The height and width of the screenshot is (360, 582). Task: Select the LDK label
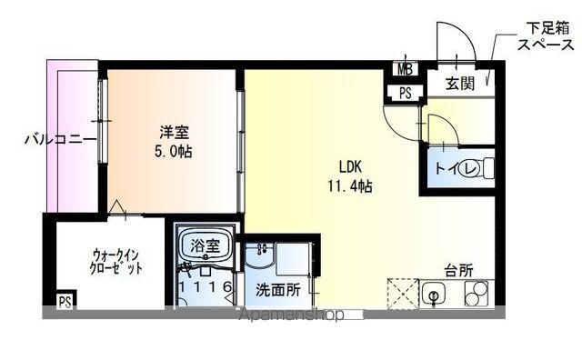pyautogui.click(x=351, y=168)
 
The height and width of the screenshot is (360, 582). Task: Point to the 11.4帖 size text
pyautogui.click(x=351, y=186)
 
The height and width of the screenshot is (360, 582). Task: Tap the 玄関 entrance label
pyautogui.click(x=458, y=84)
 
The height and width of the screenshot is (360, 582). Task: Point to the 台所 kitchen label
pyautogui.click(x=458, y=270)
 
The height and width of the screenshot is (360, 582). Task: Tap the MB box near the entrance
pyautogui.click(x=404, y=67)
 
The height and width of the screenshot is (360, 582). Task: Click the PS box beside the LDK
pyautogui.click(x=404, y=92)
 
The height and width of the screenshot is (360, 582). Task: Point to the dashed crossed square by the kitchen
pyautogui.click(x=401, y=294)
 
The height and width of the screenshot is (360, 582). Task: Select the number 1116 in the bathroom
pyautogui.click(x=206, y=288)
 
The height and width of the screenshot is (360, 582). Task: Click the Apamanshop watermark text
pyautogui.click(x=288, y=315)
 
